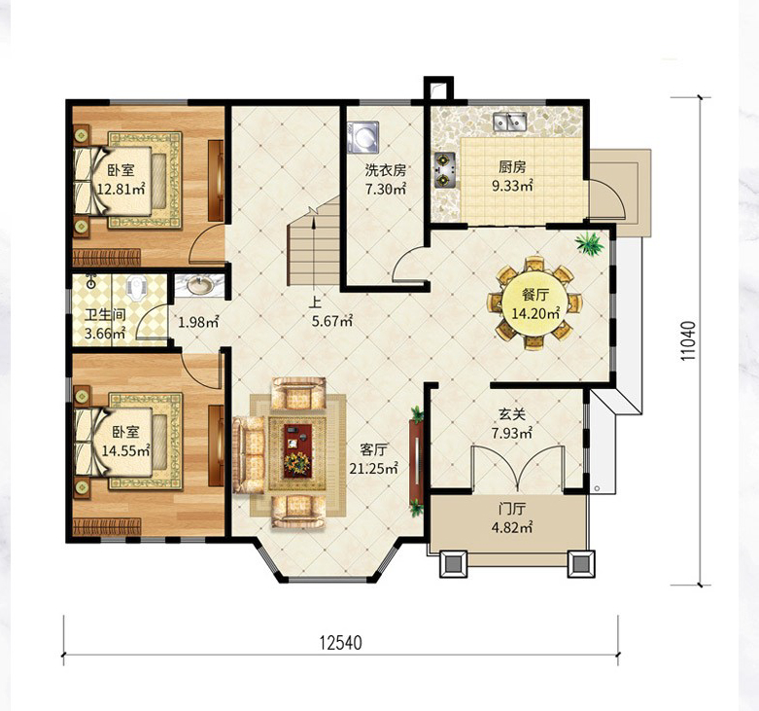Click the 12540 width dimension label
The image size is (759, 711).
340,643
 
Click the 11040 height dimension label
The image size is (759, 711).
688,340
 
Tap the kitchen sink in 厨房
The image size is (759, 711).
510,121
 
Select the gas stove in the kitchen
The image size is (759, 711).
445,170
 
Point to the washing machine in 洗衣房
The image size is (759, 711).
362,137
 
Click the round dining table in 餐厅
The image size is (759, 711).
535,302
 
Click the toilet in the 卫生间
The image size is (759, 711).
135,287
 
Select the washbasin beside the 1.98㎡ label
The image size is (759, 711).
200,285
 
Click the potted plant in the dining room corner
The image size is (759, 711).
590,243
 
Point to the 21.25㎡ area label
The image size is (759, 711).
374,469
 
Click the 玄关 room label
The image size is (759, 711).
512,415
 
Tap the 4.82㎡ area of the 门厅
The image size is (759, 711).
512,527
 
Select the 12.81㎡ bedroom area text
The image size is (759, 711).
121,189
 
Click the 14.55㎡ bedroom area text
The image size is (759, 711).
126,451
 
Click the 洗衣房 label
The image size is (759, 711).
385,170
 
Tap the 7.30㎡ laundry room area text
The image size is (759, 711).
385,189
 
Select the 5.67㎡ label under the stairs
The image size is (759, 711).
332,321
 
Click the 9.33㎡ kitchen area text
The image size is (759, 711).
512,186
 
